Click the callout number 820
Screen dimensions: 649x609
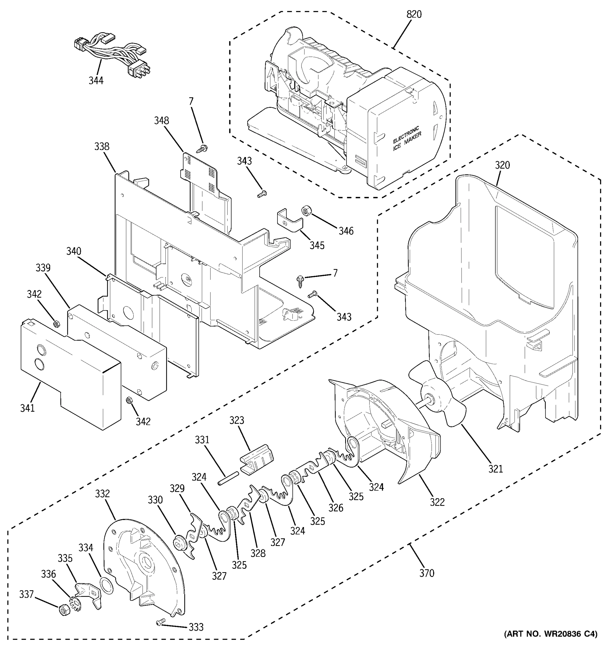coord(414,14)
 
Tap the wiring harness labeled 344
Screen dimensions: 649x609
coord(111,54)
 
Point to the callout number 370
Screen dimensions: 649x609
coord(427,573)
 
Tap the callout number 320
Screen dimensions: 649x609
coord(502,165)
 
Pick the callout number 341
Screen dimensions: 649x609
coord(27,408)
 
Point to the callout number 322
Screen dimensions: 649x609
coord(437,502)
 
